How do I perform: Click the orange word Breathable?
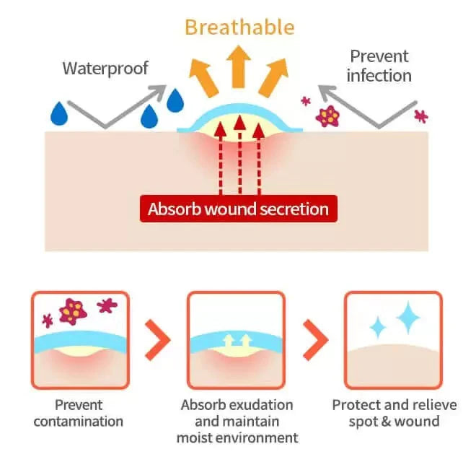[x=239, y=27]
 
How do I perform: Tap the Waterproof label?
[x=105, y=69]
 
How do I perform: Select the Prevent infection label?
[x=380, y=66]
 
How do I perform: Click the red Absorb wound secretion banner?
[x=238, y=210]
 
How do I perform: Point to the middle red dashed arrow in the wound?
[x=239, y=154]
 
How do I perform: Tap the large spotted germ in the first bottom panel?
[x=72, y=310]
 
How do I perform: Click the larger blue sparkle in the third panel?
[x=408, y=317]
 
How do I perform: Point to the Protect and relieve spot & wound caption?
[x=393, y=412]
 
